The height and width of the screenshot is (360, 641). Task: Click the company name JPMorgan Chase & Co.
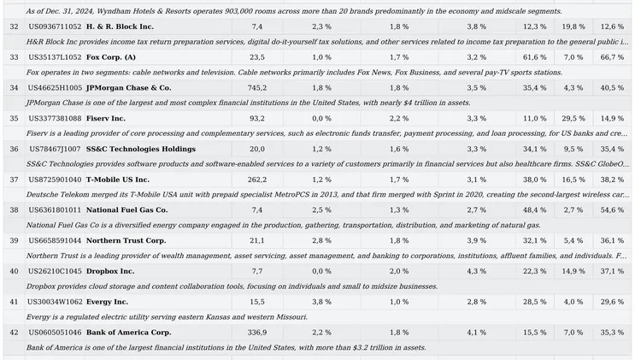[129, 88]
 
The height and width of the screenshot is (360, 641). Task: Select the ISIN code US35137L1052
[55, 57]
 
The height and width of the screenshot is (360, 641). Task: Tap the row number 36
[14, 149]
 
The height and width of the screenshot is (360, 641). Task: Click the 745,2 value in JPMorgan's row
[257, 88]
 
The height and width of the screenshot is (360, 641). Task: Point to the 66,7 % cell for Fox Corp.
[612, 57]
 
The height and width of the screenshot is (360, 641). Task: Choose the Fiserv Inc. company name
[106, 119]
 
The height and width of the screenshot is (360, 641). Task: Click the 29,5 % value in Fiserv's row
[573, 119]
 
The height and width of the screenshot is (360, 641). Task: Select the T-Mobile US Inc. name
[118, 180]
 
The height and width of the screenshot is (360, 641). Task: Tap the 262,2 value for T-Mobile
[257, 180]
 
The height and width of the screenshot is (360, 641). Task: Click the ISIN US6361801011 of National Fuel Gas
[55, 210]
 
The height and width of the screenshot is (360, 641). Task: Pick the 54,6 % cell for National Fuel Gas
[612, 210]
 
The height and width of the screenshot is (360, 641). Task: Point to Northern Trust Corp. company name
[126, 240]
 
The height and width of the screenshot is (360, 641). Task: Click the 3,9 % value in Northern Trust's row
[477, 240]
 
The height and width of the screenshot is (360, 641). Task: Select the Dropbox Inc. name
[110, 271]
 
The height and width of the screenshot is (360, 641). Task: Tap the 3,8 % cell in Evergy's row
[321, 302]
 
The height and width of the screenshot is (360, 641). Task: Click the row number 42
[14, 333]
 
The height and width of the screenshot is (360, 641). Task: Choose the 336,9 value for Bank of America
[257, 333]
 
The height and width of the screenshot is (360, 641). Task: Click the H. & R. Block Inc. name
[120, 27]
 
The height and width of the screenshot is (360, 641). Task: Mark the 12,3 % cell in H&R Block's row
[535, 27]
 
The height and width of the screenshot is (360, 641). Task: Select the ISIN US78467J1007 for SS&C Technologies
[55, 149]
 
